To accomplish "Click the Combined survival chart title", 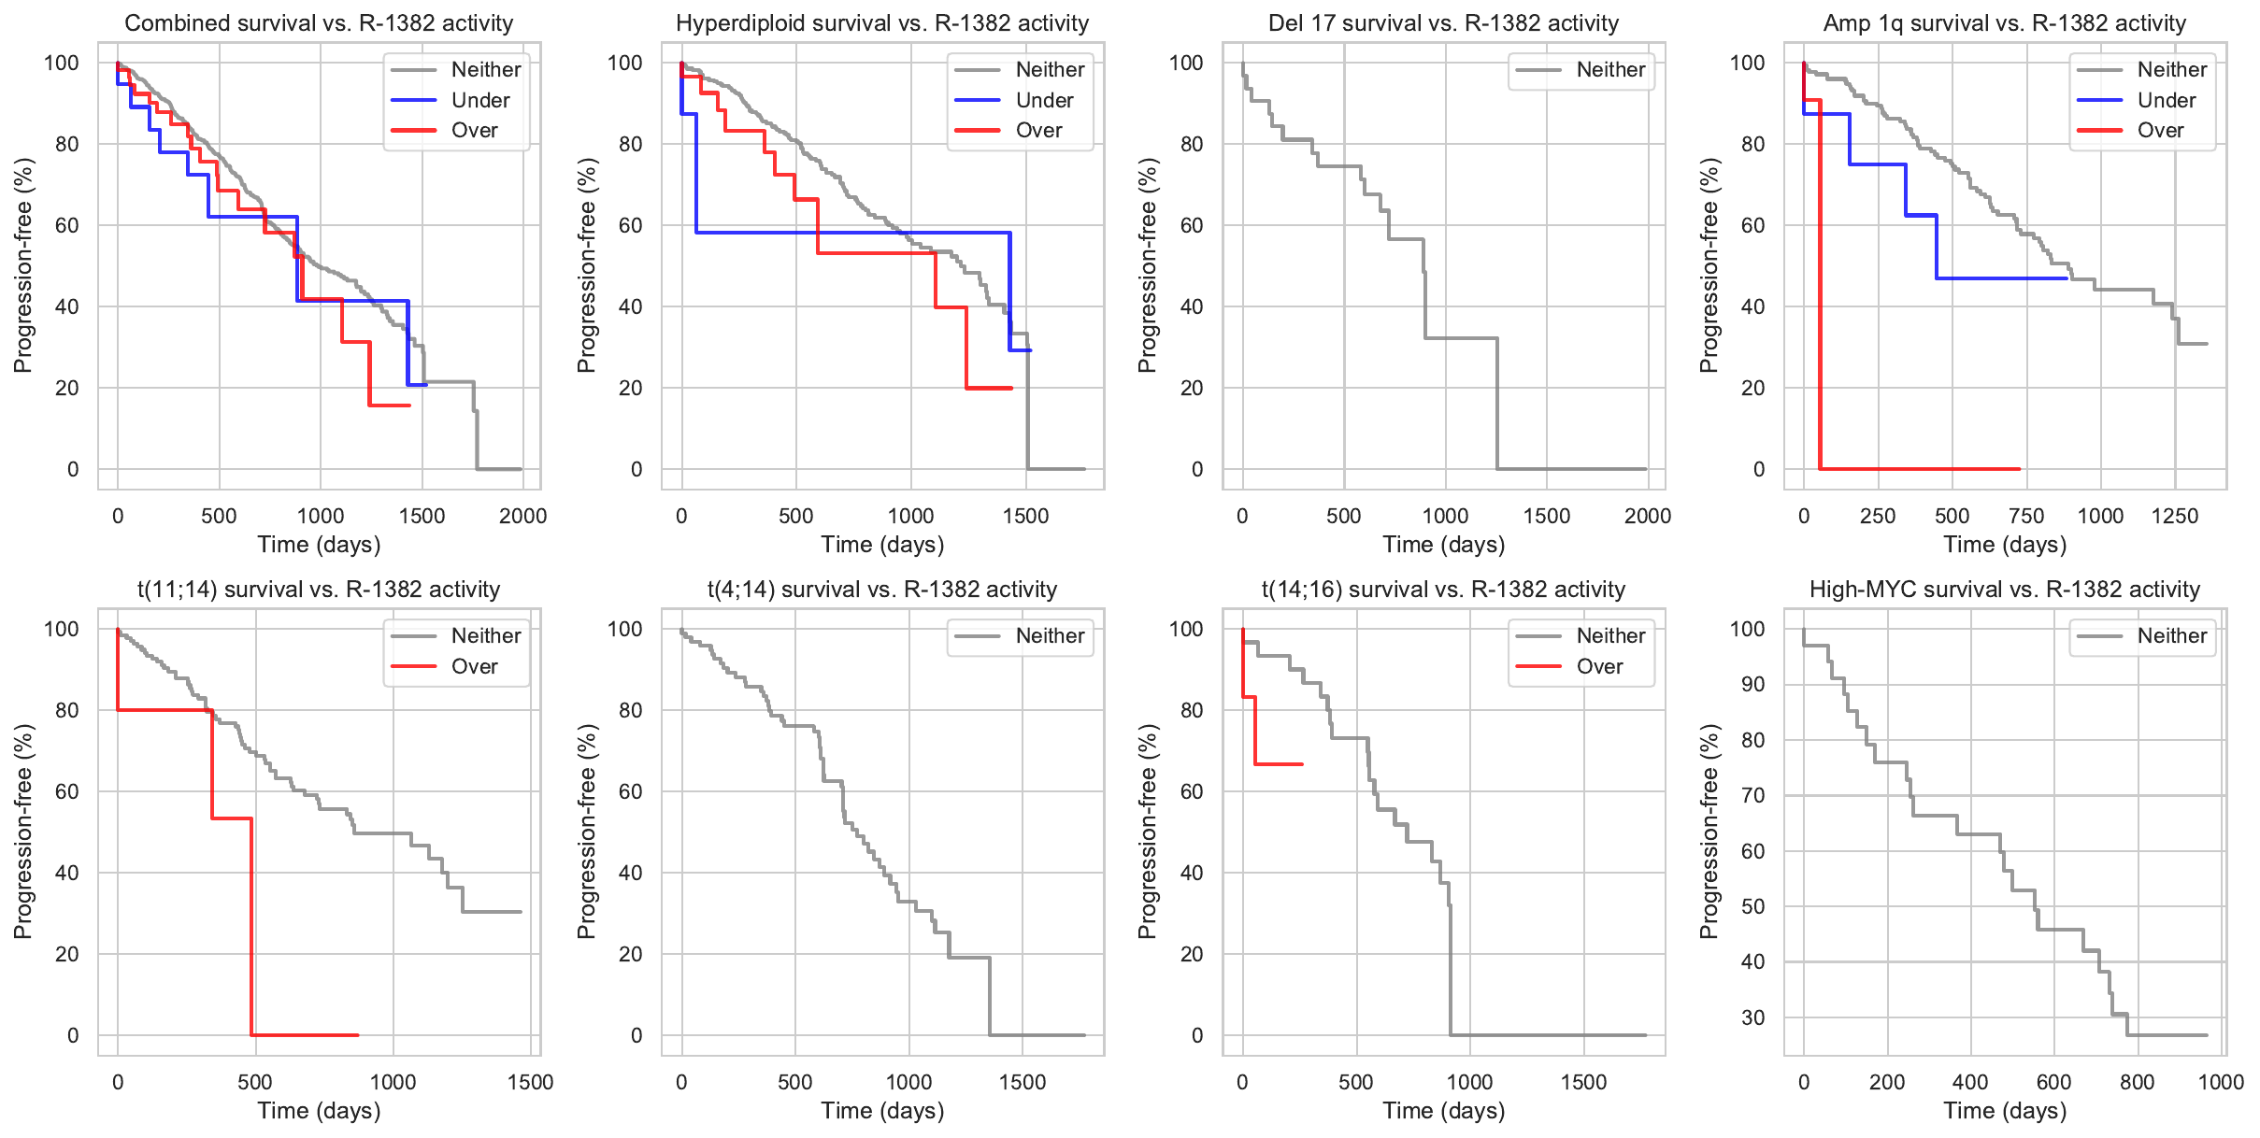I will click(x=319, y=23).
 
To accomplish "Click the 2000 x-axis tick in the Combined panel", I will click(x=522, y=516).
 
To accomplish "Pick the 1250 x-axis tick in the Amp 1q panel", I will click(x=2175, y=516).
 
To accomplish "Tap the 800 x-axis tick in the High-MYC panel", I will click(x=2138, y=1082).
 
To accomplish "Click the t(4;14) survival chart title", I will click(x=882, y=590).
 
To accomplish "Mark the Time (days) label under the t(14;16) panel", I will click(x=1444, y=1110).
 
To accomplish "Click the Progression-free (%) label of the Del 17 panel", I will click(x=1148, y=265).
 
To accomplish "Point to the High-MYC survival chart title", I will click(x=2005, y=590).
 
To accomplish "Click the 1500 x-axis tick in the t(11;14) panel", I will click(x=530, y=1082).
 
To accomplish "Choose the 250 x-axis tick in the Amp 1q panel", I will click(x=1878, y=516).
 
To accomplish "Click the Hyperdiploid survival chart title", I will click(x=882, y=23).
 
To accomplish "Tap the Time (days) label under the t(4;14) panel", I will click(x=882, y=1110).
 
